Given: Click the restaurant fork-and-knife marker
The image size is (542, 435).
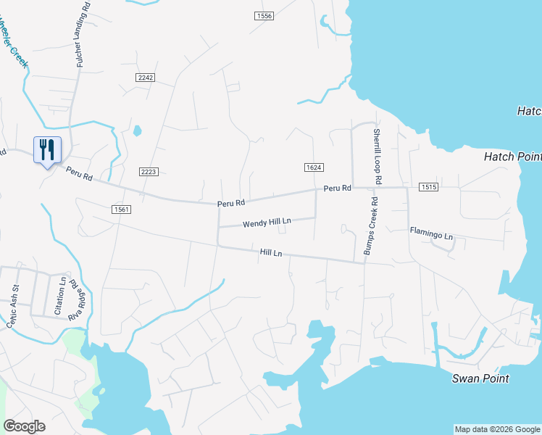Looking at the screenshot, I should pos(47,150).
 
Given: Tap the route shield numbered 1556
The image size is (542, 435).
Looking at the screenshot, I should pos(264,16).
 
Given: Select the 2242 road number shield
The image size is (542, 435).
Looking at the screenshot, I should pos(145,77).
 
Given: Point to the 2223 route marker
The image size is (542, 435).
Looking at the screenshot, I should pos(149,172).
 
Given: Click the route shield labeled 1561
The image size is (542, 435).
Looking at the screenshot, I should pos(121,210).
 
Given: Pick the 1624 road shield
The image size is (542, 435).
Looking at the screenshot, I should pos(313,167).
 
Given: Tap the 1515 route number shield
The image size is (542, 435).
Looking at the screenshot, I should pos(428,188).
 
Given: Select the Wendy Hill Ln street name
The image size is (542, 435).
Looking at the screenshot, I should pos(267,222).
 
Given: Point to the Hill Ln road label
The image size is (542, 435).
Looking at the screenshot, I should pos(271,252).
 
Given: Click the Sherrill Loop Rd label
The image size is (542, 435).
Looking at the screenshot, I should pos(378,155).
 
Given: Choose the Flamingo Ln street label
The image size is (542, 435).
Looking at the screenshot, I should pos(431,236).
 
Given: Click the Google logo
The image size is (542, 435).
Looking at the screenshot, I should pos(24,426).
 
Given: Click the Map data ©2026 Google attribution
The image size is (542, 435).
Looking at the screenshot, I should pos(497,429).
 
